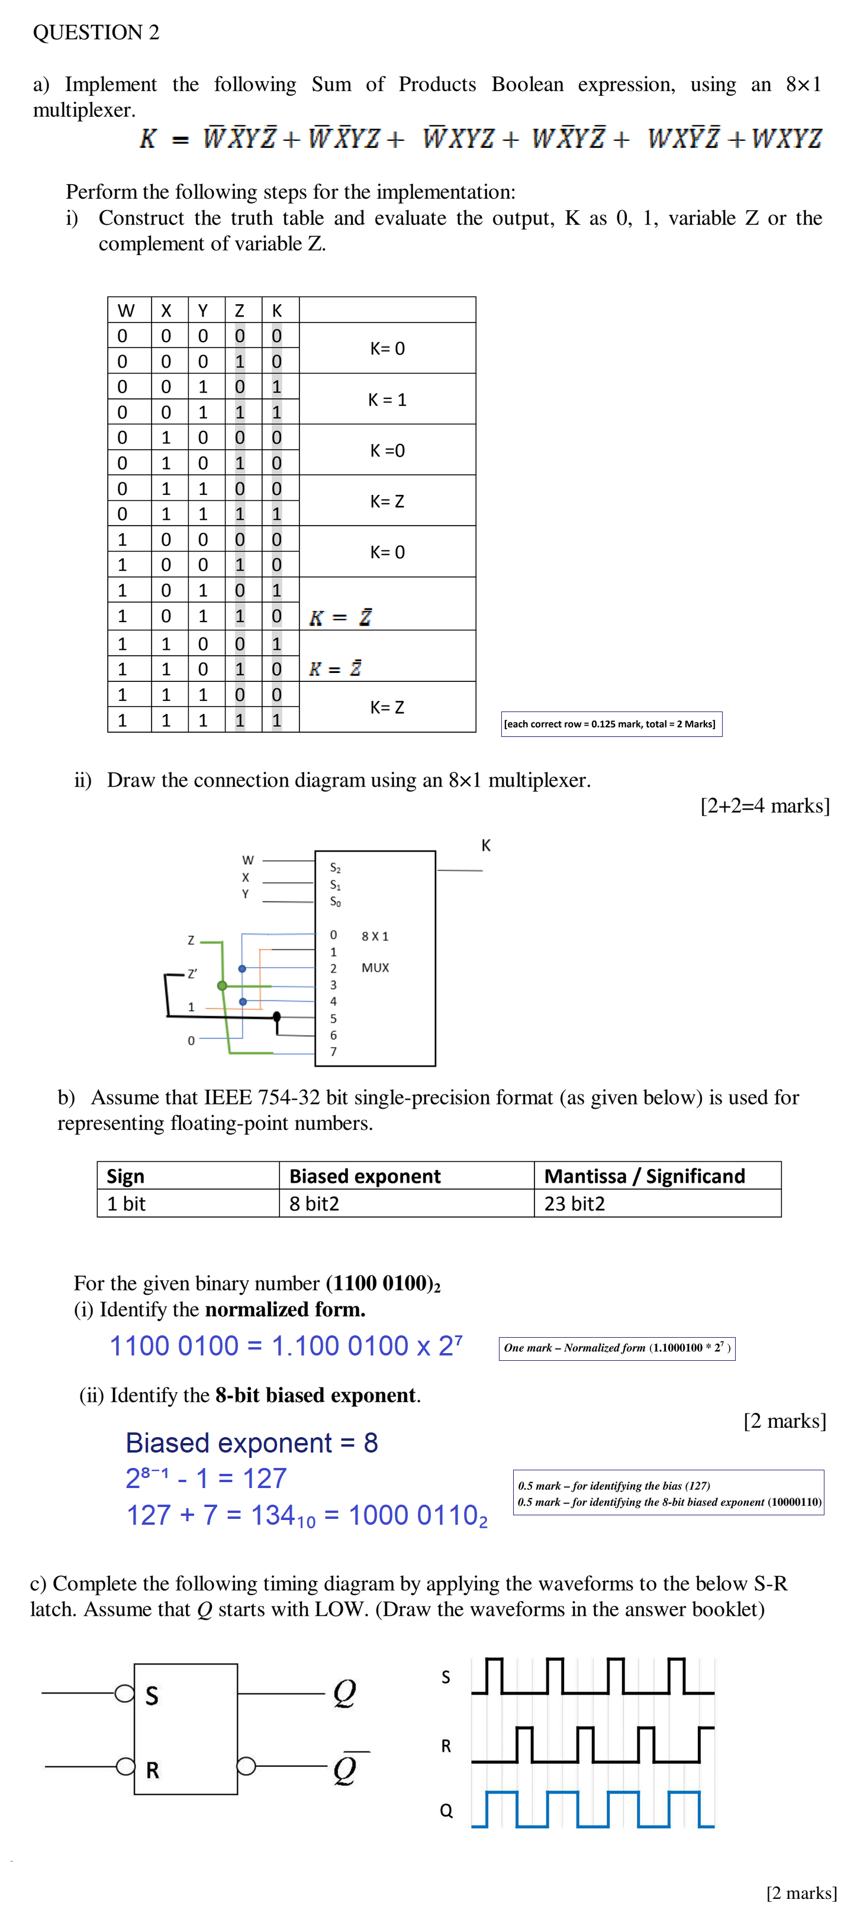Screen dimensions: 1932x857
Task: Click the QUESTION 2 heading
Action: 96,32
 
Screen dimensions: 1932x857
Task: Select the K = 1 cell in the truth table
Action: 387,400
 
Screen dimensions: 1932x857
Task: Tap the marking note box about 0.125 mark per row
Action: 611,724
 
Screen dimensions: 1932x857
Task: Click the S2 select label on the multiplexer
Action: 335,868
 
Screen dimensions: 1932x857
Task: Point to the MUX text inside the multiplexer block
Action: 375,968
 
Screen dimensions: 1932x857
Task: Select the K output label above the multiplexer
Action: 486,845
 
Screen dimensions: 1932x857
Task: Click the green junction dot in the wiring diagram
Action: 222,986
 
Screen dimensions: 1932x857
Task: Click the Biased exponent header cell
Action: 365,1176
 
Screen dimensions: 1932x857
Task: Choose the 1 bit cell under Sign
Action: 126,1204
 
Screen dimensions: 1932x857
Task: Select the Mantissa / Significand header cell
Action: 644,1176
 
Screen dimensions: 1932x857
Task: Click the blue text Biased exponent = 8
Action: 252,1442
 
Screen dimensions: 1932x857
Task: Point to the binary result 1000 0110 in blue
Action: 418,1515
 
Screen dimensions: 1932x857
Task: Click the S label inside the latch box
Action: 152,1696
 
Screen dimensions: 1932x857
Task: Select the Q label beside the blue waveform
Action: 446,1811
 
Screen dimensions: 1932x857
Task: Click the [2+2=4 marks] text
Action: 765,806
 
